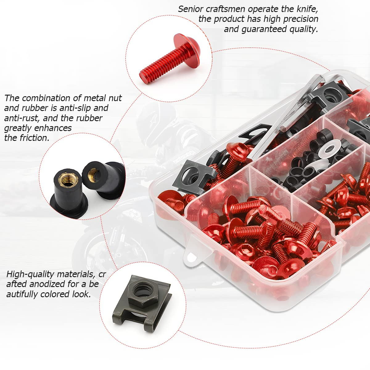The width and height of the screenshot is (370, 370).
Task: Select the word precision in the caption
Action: point(297,19)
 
